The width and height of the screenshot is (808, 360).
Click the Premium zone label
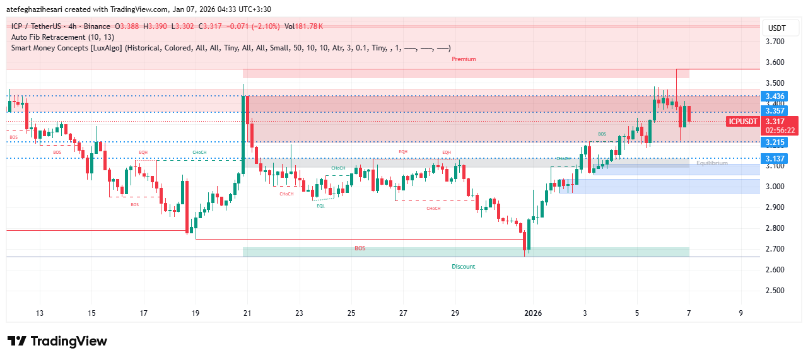pos(464,59)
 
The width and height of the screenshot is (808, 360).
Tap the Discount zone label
pos(464,267)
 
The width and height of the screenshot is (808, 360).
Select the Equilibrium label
pos(712,163)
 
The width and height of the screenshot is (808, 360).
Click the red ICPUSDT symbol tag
pos(742,122)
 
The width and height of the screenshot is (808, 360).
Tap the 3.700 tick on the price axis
pos(775,42)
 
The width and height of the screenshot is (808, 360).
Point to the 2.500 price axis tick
pos(775,291)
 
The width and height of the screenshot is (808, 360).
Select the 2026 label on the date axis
pos(533,313)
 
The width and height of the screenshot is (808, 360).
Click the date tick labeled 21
pos(247,313)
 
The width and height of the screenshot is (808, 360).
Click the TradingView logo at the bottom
pos(57,341)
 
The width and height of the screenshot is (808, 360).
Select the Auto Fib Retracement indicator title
pos(62,37)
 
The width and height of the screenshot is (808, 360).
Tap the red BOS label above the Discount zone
pos(360,248)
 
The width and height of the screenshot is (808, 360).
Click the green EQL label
pos(321,206)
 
